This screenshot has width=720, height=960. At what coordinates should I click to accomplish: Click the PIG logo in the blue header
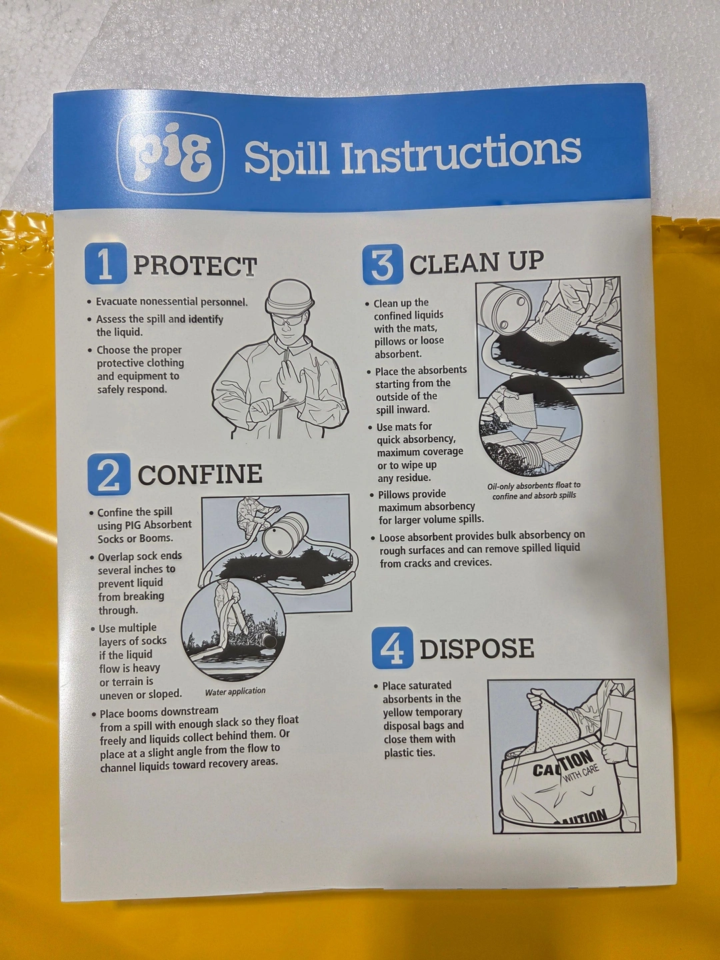[171, 153]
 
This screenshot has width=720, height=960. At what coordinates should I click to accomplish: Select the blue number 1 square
[105, 264]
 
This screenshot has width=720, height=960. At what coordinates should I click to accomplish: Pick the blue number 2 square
[109, 474]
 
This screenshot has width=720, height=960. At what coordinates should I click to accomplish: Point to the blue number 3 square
[383, 264]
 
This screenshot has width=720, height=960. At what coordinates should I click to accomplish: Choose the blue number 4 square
[392, 647]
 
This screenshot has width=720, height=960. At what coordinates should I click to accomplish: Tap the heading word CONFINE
[200, 474]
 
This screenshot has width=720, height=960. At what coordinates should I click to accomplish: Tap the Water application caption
[235, 691]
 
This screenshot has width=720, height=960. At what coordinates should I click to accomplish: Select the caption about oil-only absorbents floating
[534, 490]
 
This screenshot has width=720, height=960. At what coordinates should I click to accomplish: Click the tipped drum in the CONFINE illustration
[285, 535]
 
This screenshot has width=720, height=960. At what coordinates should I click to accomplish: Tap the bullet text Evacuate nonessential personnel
[172, 302]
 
